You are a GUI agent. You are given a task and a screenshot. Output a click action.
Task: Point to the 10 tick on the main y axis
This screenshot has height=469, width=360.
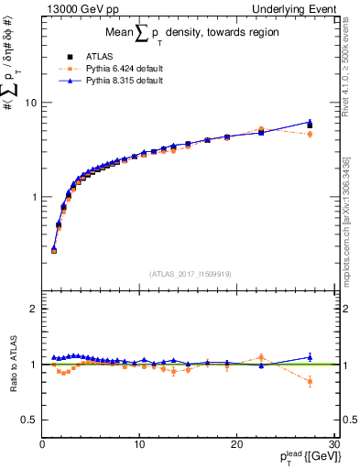pyautogui.click(x=30, y=103)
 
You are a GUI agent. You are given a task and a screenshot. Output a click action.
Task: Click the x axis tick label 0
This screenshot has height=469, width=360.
pyautogui.click(x=42, y=444)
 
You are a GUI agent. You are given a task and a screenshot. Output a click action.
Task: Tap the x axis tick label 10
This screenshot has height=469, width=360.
pyautogui.click(x=139, y=444)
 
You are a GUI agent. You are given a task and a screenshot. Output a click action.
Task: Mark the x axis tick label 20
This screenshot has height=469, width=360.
pyautogui.click(x=236, y=444)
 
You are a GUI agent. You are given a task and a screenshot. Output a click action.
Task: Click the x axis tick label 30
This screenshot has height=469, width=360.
pyautogui.click(x=333, y=444)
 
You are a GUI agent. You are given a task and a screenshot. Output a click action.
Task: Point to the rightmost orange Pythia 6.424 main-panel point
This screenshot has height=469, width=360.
pyautogui.click(x=310, y=134)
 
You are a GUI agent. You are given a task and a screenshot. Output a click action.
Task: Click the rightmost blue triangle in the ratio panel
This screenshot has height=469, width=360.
pyautogui.click(x=310, y=357)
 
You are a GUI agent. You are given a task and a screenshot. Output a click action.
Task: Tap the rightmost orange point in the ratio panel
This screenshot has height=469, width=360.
pyautogui.click(x=310, y=381)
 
